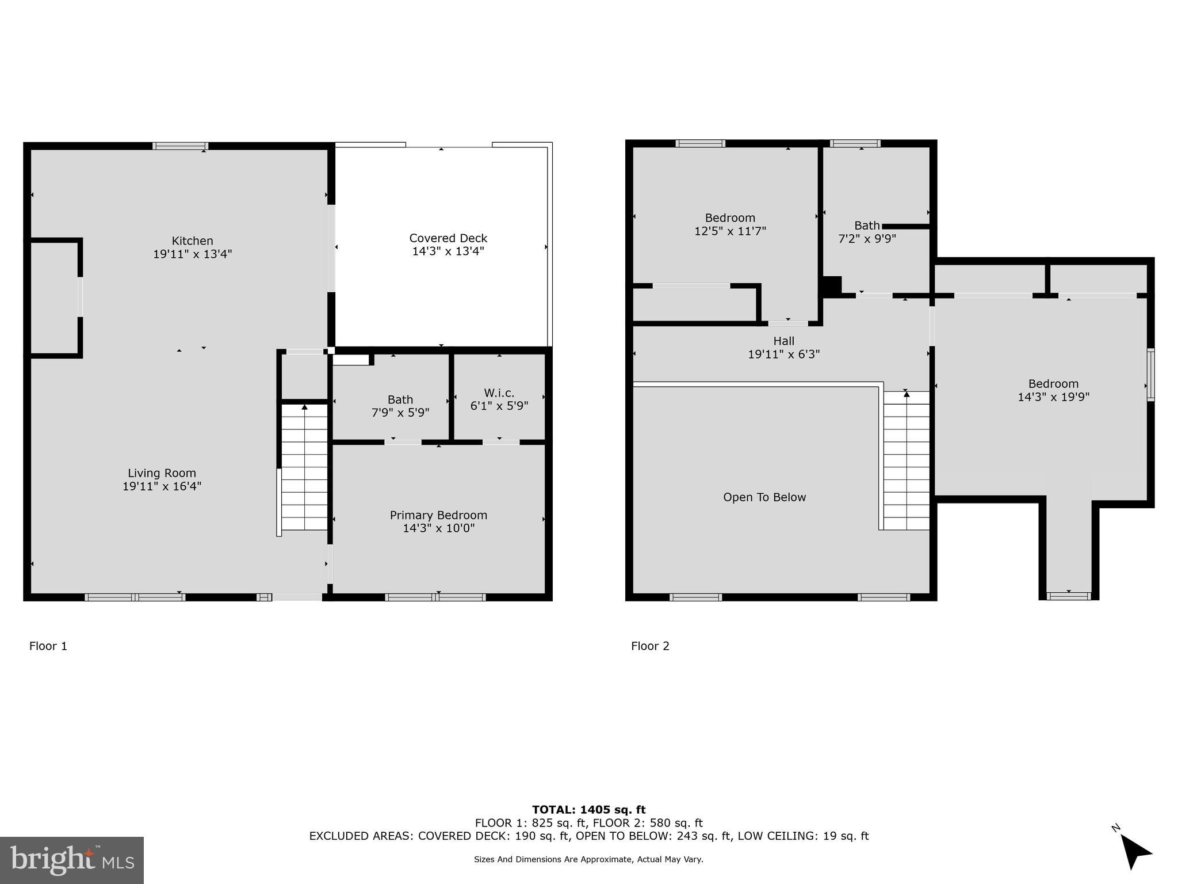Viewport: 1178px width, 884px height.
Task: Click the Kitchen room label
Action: pyautogui.click(x=192, y=241)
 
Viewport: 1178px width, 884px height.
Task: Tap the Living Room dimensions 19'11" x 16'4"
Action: pyautogui.click(x=162, y=486)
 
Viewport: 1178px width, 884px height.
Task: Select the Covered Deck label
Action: pyautogui.click(x=448, y=238)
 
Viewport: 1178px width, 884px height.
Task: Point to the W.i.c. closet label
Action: pyautogui.click(x=499, y=393)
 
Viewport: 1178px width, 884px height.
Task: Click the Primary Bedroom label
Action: pyautogui.click(x=438, y=515)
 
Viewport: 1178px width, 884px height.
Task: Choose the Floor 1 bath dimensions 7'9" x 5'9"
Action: pyautogui.click(x=400, y=413)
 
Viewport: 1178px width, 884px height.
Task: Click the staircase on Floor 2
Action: pyautogui.click(x=906, y=460)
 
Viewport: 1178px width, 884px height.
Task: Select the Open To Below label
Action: pyautogui.click(x=764, y=497)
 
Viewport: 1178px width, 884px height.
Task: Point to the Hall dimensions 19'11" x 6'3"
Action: pyautogui.click(x=783, y=355)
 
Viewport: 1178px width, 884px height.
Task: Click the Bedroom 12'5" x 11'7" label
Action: pyautogui.click(x=730, y=218)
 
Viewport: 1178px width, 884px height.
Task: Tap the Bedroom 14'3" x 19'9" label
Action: pyautogui.click(x=1053, y=384)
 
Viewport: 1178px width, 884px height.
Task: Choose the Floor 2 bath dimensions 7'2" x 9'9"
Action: pyautogui.click(x=867, y=238)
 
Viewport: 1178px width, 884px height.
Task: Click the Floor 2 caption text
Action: pyautogui.click(x=650, y=646)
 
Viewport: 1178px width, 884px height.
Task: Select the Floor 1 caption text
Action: pyautogui.click(x=48, y=646)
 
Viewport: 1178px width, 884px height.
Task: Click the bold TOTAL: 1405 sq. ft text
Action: pyautogui.click(x=588, y=810)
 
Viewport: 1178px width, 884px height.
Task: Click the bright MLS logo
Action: pyautogui.click(x=72, y=860)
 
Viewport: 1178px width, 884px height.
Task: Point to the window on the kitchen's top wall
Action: pyautogui.click(x=180, y=146)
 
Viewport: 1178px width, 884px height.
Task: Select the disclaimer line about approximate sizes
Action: pyautogui.click(x=588, y=859)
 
